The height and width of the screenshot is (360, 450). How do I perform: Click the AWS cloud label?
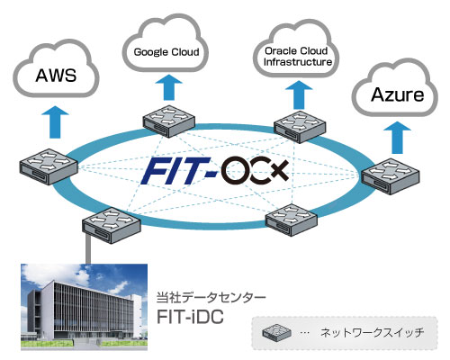tap(56, 75)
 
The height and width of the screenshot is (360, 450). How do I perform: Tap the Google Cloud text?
tap(166, 52)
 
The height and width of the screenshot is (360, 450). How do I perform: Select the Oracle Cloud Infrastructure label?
tap(298, 56)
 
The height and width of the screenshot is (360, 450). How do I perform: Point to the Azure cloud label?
tap(397, 94)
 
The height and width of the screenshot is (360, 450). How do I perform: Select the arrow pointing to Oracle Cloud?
tap(299, 94)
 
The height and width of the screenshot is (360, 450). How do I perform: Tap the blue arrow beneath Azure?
tap(398, 137)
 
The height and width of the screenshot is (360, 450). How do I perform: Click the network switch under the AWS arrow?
tap(49, 166)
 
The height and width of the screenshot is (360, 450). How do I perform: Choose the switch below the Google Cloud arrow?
tap(169, 121)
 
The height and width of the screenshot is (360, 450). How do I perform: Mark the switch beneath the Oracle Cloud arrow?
tap(300, 126)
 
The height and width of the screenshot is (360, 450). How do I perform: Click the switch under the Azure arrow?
tap(391, 176)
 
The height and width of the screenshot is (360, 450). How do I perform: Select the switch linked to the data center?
tap(112, 225)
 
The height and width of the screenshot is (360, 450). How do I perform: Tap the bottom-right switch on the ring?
tap(292, 220)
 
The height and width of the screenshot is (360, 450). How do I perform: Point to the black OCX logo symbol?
tap(255, 171)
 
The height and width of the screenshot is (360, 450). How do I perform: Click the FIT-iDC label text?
tap(191, 316)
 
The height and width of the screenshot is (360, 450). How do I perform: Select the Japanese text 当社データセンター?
tap(211, 298)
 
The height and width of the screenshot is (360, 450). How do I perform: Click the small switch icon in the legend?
tap(276, 332)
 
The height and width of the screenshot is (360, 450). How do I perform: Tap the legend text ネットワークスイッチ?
tap(373, 333)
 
